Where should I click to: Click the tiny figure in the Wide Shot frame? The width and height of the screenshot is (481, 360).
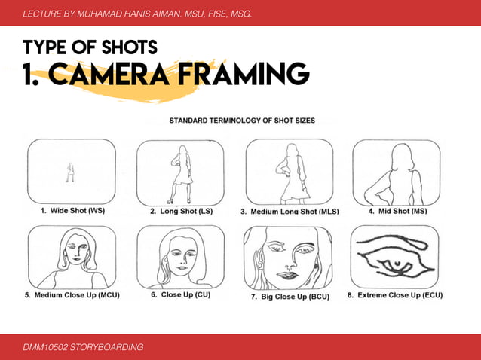(70, 173)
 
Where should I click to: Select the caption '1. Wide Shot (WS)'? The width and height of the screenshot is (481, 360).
(72, 212)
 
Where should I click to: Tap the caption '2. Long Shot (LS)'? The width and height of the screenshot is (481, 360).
(181, 212)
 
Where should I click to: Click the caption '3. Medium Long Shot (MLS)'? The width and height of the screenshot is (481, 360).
(290, 212)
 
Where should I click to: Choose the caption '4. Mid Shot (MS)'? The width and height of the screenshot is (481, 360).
(397, 212)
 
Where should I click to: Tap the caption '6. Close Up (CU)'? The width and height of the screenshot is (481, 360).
(180, 295)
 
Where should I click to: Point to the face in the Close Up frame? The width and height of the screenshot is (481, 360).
(181, 256)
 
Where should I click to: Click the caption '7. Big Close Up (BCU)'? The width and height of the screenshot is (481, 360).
(289, 297)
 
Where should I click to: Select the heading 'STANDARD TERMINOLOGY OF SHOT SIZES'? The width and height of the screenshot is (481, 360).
(242, 120)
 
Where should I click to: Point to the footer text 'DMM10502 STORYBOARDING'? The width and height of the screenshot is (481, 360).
(83, 346)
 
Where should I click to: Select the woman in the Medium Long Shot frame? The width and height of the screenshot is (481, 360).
(290, 175)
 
